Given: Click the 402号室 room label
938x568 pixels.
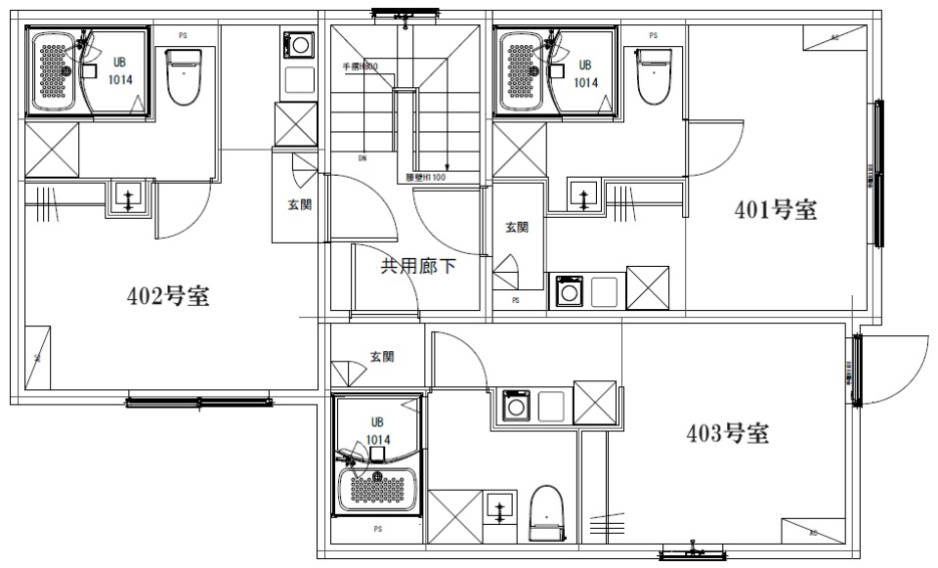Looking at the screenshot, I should (168, 296).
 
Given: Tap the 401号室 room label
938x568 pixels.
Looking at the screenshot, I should (776, 210).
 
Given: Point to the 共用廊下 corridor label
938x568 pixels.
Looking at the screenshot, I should (417, 265).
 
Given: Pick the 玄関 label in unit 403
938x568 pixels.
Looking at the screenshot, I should (382, 357).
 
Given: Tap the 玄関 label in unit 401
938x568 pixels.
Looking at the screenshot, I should (517, 228).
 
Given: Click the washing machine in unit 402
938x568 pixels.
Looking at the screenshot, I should (298, 45).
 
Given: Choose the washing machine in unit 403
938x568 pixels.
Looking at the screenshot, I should (514, 406).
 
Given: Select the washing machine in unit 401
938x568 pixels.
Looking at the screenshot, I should (568, 291).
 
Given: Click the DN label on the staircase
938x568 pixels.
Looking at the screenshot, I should (362, 156).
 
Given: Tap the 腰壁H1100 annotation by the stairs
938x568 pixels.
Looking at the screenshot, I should (426, 179).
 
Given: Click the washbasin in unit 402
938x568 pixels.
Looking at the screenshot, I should (128, 198).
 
